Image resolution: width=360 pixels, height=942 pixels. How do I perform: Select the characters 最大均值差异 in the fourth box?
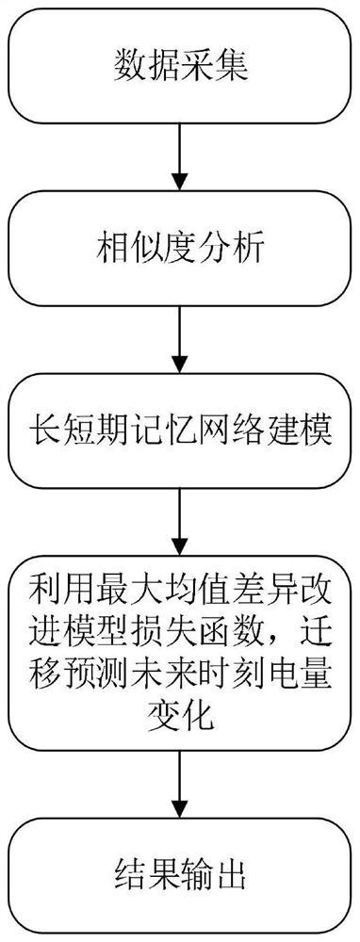pyautogui.click(x=197, y=597)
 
